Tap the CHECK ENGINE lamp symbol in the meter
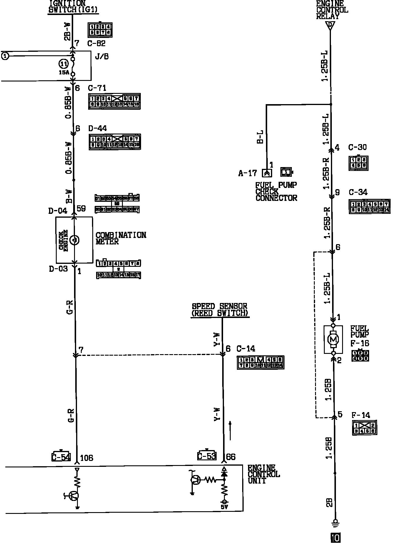[x=75, y=240]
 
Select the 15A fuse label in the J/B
[x=64, y=72]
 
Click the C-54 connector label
[x=61, y=457]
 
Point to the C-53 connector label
[x=207, y=456]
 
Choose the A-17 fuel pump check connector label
[x=247, y=173]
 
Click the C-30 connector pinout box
[x=358, y=163]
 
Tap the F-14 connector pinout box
[x=364, y=428]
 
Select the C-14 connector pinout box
[x=260, y=362]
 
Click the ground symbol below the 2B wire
[x=335, y=522]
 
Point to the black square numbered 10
[x=335, y=538]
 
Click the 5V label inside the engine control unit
[x=224, y=507]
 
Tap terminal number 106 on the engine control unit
[x=86, y=458]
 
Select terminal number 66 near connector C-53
[x=231, y=457]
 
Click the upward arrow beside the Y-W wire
[x=230, y=431]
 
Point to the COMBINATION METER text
[x=121, y=238]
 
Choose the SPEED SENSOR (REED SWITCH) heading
[x=220, y=310]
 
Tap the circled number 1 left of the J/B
[x=5, y=56]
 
